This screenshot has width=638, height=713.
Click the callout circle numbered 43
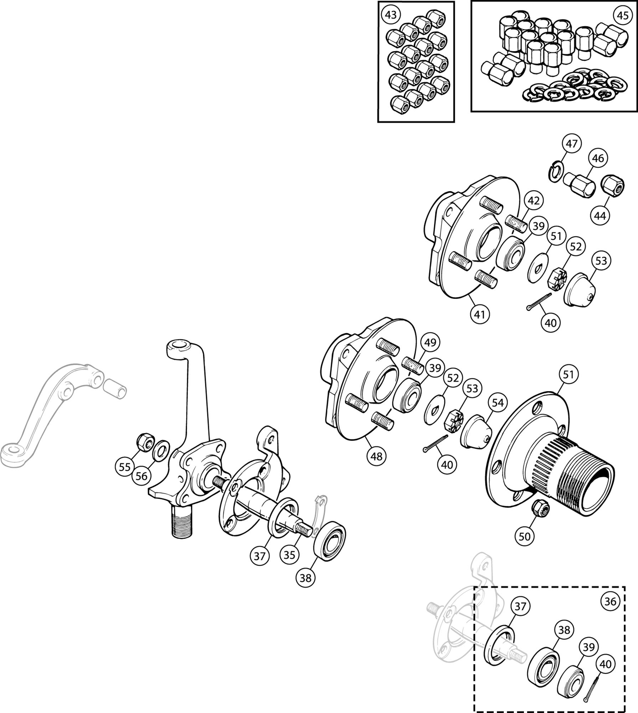coord(391,15)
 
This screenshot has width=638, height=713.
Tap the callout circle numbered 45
coord(622,16)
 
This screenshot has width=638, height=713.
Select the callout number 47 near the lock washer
coord(571,144)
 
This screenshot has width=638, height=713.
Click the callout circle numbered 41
coord(480,314)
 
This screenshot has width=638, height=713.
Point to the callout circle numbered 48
coord(376,456)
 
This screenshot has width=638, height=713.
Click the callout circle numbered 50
coord(525,546)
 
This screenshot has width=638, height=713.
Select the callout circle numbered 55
coord(125,467)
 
